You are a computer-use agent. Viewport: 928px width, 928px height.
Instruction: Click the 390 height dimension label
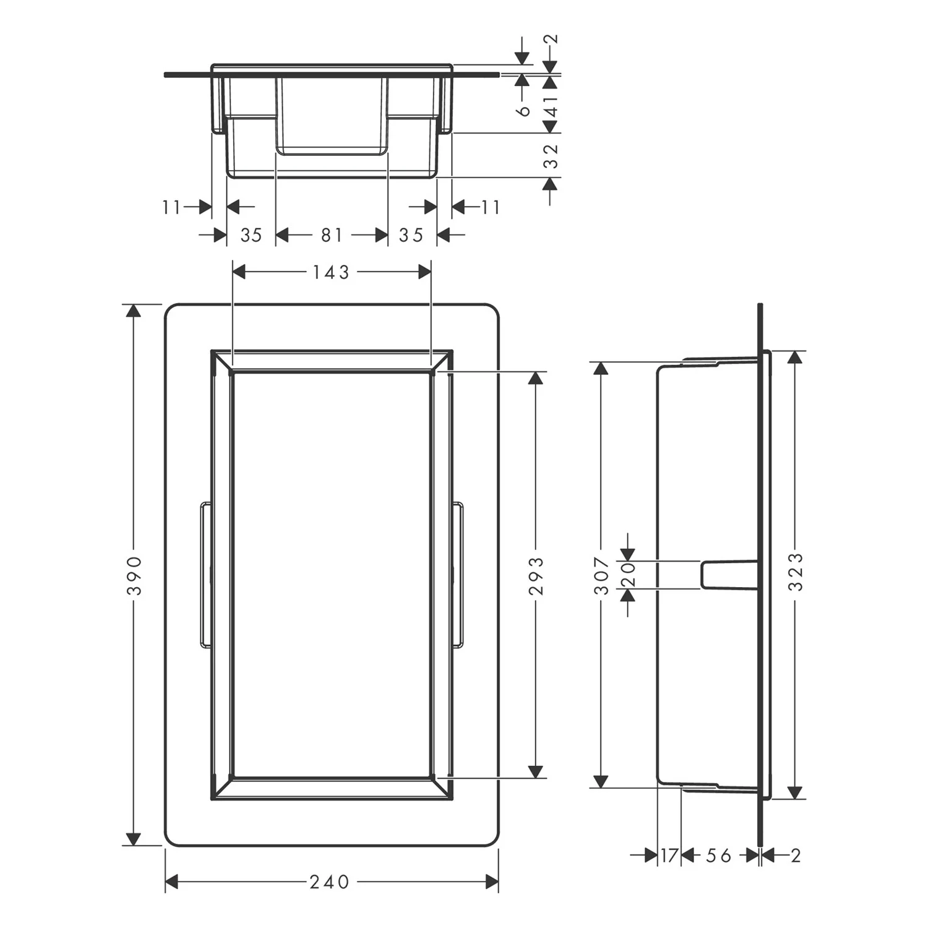[x=134, y=575]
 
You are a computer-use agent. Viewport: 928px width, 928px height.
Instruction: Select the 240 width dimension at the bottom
[x=330, y=882]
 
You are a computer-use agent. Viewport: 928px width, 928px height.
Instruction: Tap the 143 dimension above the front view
[x=331, y=272]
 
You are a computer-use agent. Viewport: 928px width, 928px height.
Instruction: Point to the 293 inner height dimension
[x=536, y=575]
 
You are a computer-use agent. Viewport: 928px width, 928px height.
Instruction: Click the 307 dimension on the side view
[x=602, y=575]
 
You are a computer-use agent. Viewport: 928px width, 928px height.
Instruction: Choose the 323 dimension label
[x=796, y=572]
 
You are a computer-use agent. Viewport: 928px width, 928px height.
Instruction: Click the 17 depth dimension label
[x=669, y=856]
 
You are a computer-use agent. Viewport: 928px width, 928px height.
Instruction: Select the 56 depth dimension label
[x=719, y=856]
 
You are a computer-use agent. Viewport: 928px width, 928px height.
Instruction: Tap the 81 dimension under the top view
[x=332, y=235]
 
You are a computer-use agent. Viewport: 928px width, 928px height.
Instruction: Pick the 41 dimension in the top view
[x=551, y=105]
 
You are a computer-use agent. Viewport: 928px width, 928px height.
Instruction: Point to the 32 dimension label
[x=551, y=155]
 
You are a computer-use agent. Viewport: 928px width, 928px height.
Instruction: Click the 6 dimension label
[x=524, y=110]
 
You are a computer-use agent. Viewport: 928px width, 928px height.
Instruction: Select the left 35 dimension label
[x=251, y=235]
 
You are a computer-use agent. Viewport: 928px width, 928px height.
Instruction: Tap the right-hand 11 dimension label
[x=490, y=207]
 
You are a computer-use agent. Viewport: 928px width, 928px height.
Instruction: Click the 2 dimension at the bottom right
[x=796, y=856]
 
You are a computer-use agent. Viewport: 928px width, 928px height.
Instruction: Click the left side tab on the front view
[x=205, y=575]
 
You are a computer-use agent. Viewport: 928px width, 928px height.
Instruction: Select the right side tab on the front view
[x=458, y=575]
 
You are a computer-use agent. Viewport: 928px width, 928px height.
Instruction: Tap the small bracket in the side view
[x=729, y=575]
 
